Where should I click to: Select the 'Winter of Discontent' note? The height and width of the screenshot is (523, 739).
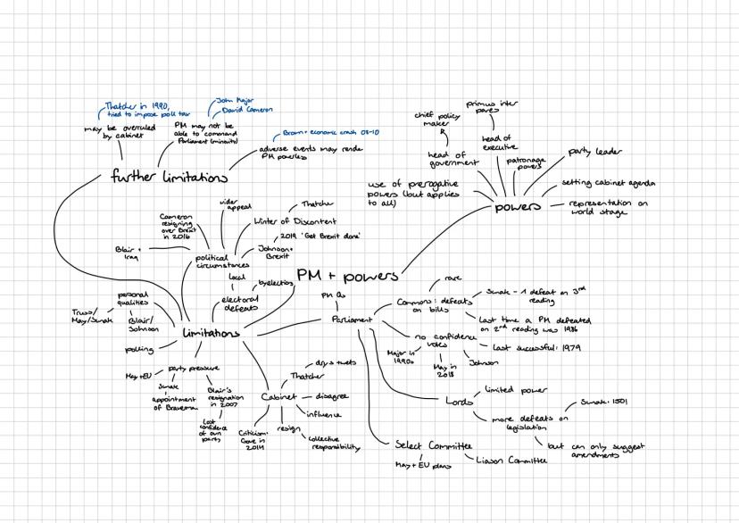pyautogui.click(x=283, y=220)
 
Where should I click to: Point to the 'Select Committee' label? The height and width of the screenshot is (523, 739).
pyautogui.click(x=433, y=444)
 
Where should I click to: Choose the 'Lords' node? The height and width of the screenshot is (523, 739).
pyautogui.click(x=459, y=401)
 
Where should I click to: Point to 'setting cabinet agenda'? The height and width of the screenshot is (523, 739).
pyautogui.click(x=610, y=184)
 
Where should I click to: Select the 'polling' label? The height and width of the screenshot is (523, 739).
pyautogui.click(x=139, y=348)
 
